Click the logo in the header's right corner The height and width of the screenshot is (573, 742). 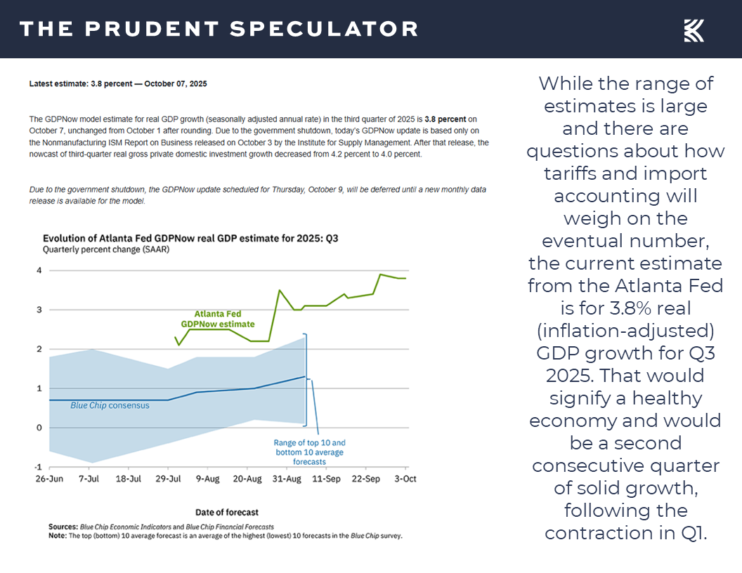coord(694,30)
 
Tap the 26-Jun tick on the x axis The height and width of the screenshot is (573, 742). coord(48,478)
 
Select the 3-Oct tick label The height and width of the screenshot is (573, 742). coord(405,478)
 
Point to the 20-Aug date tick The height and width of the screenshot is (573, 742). coord(248,478)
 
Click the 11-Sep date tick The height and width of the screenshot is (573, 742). coord(325,478)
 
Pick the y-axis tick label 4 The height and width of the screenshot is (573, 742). coord(39,270)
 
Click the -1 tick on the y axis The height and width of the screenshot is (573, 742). coord(38,467)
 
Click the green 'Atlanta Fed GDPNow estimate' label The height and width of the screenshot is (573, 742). coord(217,319)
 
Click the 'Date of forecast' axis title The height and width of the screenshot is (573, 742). coord(226,513)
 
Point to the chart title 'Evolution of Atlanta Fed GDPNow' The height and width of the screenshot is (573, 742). coord(191,238)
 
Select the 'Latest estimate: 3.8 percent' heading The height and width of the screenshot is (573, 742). coord(118,84)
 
